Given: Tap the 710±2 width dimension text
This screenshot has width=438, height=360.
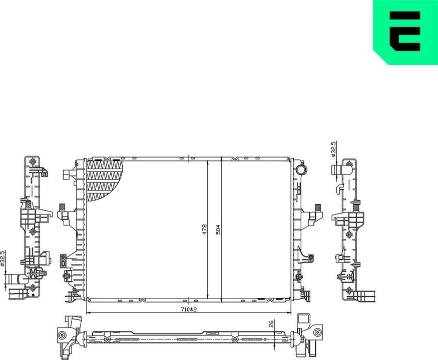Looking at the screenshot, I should pyautogui.click(x=189, y=309).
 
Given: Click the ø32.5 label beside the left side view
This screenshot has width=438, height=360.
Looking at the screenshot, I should pyautogui.click(x=3, y=259).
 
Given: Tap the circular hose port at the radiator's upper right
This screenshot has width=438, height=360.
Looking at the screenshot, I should pyautogui.click(x=300, y=169).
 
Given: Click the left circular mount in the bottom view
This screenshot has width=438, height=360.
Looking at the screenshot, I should pyautogui.click(x=62, y=335).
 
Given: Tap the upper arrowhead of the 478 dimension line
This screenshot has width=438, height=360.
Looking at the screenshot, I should pyautogui.click(x=208, y=162).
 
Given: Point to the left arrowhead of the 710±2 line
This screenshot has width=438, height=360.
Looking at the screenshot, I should pyautogui.click(x=89, y=313).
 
